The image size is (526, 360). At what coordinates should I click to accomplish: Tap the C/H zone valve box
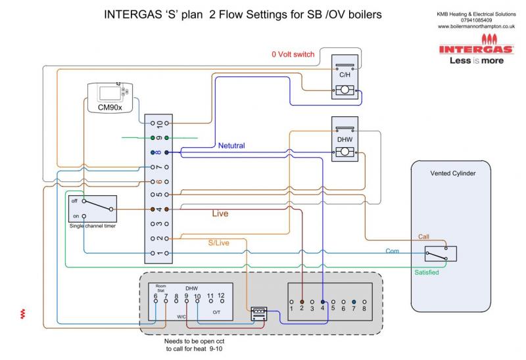[x=345, y=77]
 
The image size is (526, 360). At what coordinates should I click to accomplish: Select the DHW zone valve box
[x=345, y=141]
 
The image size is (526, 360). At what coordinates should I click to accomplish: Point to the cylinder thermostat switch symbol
[x=440, y=254]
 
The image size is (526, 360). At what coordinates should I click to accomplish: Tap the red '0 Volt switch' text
[x=293, y=54]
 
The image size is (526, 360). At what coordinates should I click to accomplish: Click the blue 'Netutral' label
[x=231, y=146]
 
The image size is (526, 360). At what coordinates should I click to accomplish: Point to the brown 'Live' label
[x=221, y=214]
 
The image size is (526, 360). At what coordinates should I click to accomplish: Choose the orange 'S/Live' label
[x=219, y=243]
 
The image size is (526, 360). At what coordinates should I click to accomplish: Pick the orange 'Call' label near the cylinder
[x=424, y=236]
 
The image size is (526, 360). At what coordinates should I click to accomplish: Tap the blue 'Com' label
[x=393, y=252]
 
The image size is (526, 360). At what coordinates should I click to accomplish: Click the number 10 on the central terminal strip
[x=158, y=123]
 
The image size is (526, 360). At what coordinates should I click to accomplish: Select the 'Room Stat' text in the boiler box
[x=160, y=288]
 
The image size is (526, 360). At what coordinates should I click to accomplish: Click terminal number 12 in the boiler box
[x=221, y=297]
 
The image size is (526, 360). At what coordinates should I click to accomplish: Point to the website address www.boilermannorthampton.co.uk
[x=477, y=26]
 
